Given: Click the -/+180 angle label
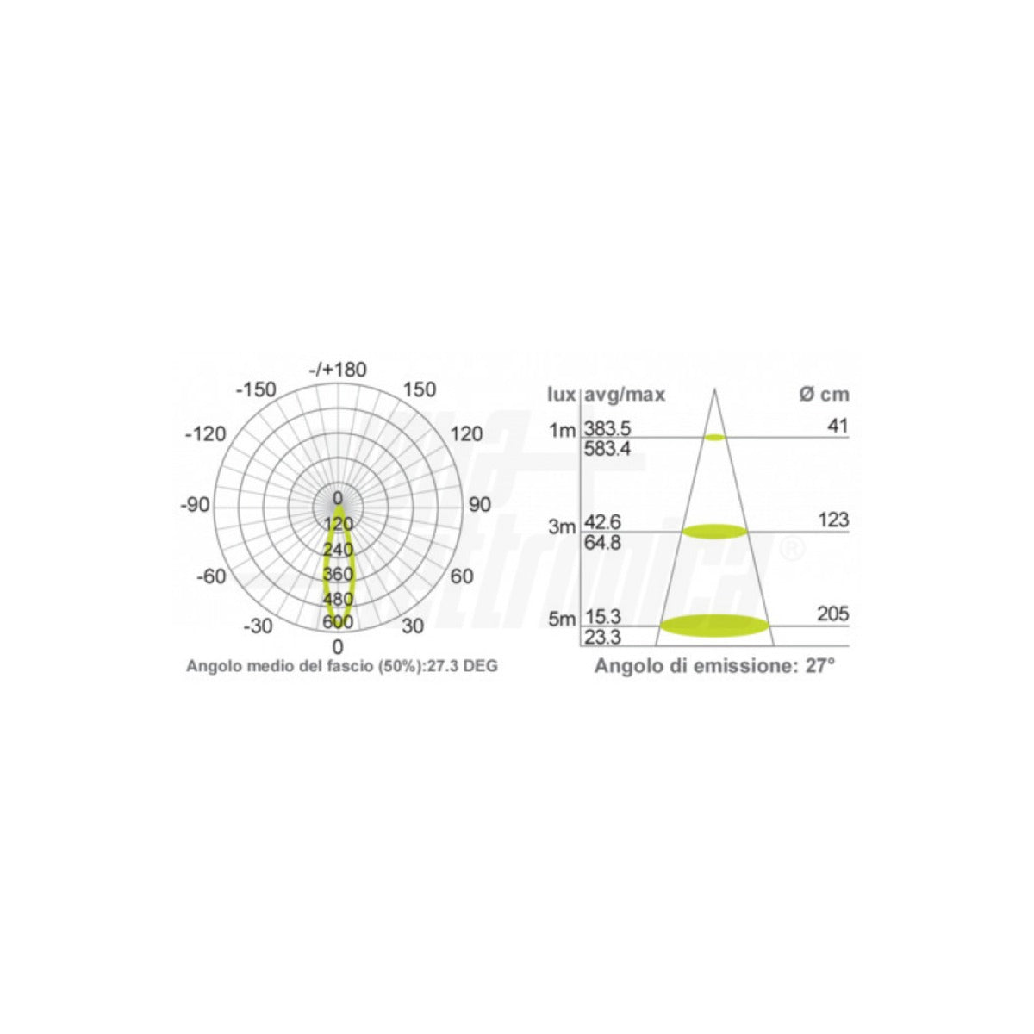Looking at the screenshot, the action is pyautogui.click(x=338, y=370).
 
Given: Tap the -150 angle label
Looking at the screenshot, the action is pyautogui.click(x=256, y=389).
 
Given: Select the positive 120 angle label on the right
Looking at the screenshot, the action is pyautogui.click(x=466, y=433).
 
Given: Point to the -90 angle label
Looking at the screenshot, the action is pyautogui.click(x=195, y=505).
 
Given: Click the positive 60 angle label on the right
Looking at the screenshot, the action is pyautogui.click(x=462, y=576).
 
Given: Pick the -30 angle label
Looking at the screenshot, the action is pyautogui.click(x=258, y=626).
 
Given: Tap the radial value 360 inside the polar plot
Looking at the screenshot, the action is pyautogui.click(x=338, y=575).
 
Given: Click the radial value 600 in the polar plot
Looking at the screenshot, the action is pyautogui.click(x=338, y=622).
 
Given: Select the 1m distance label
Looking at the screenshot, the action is pyautogui.click(x=561, y=430).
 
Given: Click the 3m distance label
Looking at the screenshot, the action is pyautogui.click(x=561, y=527).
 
